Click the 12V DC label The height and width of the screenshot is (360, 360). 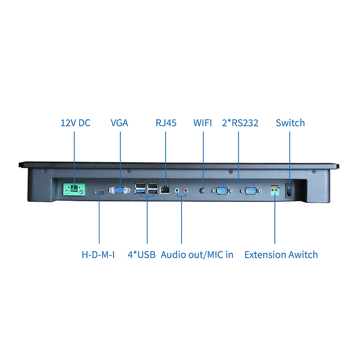point(75,123)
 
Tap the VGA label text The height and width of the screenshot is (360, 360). point(119,123)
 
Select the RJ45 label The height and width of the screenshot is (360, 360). point(166,123)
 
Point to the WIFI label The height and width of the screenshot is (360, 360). point(203,123)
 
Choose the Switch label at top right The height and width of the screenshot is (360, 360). point(290,123)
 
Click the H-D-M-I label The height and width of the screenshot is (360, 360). point(98,255)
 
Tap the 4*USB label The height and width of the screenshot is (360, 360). point(141,255)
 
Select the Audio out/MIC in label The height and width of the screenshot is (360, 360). point(197,255)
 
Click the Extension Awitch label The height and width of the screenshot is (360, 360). point(281,255)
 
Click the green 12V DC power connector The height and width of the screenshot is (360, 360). point(75,189)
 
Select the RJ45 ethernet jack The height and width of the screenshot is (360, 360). point(166,189)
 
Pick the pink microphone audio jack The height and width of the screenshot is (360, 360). point(186,189)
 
